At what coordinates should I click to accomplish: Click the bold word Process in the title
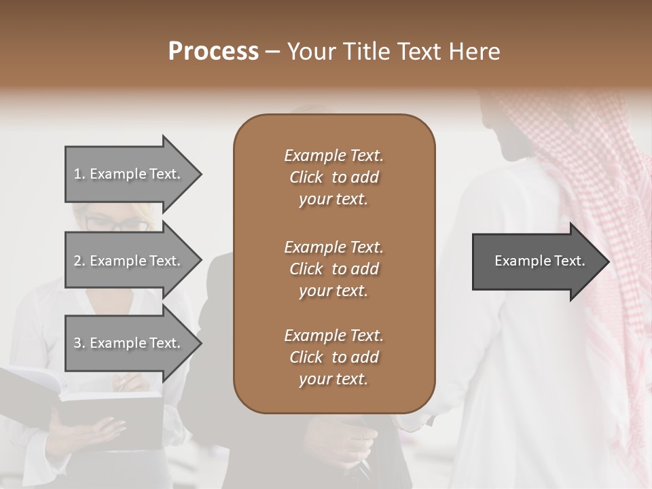coord(213,52)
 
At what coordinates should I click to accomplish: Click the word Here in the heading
coord(473,52)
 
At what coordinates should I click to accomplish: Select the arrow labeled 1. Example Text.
coord(129,174)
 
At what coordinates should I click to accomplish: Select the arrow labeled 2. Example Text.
coord(129,261)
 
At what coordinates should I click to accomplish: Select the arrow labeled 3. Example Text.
coord(129,343)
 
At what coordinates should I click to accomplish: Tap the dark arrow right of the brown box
coord(537,261)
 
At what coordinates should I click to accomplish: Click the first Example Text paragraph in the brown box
coord(333,177)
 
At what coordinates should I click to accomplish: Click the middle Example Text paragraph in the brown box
coord(333,269)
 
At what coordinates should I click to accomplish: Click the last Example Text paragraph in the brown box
coord(333,357)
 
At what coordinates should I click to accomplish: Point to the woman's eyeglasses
coord(115,224)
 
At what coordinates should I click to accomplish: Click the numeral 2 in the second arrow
coord(77,261)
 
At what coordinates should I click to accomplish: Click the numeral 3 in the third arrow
coord(77,343)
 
